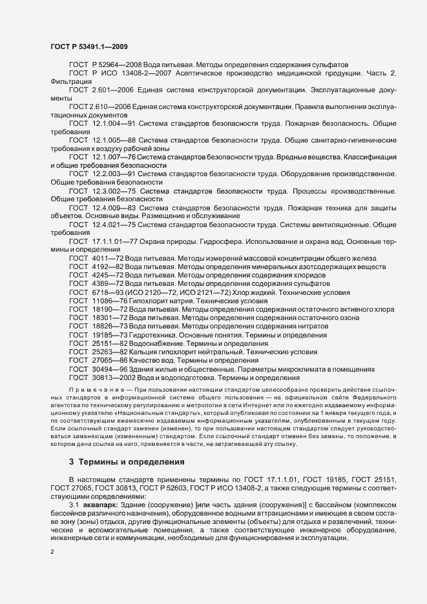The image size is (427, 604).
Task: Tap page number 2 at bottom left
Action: [x=52, y=552]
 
